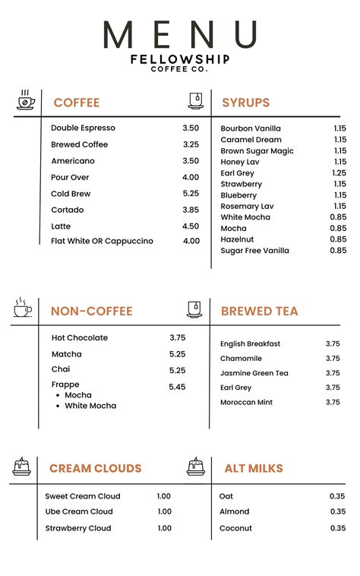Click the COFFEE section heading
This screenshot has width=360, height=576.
[x=76, y=103]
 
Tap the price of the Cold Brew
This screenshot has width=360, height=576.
[x=191, y=194]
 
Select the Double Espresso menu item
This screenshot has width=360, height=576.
[x=82, y=128]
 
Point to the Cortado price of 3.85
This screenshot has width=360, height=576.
[x=191, y=210]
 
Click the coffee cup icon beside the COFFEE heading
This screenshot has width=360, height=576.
[x=26, y=100]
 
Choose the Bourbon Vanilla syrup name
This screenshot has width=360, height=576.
[x=251, y=128]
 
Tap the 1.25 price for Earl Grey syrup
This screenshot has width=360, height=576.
[x=339, y=173]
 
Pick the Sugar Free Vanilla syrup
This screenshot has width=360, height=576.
[x=254, y=251]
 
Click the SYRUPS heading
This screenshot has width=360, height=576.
[x=245, y=103]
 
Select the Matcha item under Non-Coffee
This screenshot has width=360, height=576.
[x=67, y=354]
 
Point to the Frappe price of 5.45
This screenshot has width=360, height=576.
[x=177, y=387]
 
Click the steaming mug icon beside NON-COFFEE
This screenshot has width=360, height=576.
[x=23, y=308]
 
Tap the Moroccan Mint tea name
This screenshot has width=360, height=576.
[x=246, y=402]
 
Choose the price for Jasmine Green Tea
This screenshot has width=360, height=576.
[x=333, y=373]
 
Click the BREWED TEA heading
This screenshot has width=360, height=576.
[x=259, y=311]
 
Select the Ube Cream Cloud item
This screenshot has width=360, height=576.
[x=79, y=511]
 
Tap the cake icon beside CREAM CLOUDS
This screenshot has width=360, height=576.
[x=21, y=466]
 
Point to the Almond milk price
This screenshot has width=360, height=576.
[x=337, y=511]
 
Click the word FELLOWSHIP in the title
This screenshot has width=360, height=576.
[x=180, y=59]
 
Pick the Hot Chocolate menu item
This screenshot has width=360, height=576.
[x=80, y=337]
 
